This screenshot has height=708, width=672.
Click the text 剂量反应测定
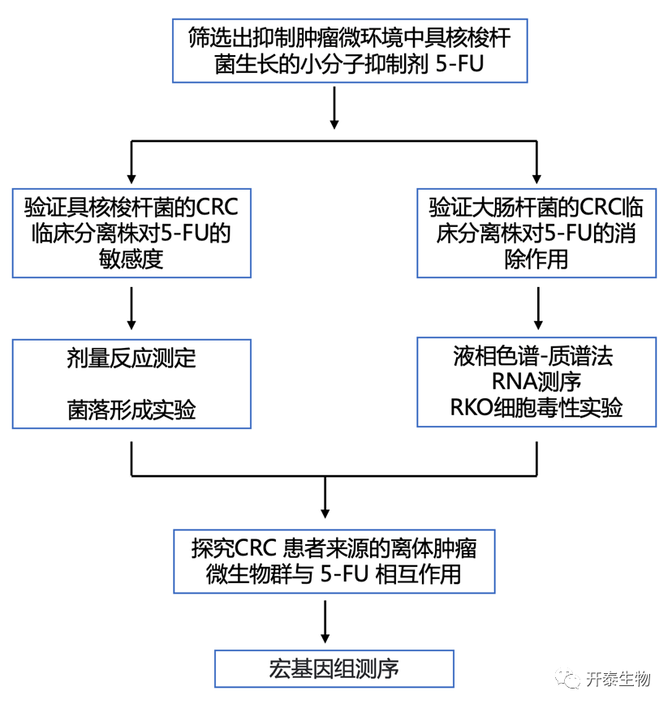pos(131,359)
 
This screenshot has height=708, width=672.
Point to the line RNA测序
pos(536,382)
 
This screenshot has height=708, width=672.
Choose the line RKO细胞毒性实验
pos(536,407)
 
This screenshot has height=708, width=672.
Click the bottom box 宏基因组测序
pos(334,669)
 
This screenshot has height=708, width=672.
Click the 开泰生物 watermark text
pos(618,680)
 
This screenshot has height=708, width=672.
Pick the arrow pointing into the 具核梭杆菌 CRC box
pos(131,166)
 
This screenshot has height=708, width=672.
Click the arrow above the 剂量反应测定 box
pos(131,309)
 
